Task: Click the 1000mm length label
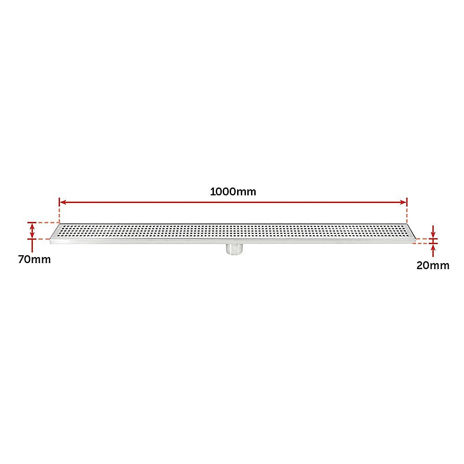[x=233, y=192]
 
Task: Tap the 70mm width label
[x=34, y=259]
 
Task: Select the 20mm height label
[x=433, y=265]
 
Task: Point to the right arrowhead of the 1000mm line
[x=402, y=202]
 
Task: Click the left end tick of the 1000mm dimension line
[x=59, y=202]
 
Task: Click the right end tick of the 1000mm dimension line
[x=407, y=202]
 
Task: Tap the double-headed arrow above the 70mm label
[x=32, y=231]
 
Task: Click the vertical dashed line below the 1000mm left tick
[x=59, y=215]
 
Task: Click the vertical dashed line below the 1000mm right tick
[x=407, y=215]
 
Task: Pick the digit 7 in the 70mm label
[x=21, y=259]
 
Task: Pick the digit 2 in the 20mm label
[x=419, y=265]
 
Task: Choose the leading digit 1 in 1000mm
[x=213, y=192]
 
